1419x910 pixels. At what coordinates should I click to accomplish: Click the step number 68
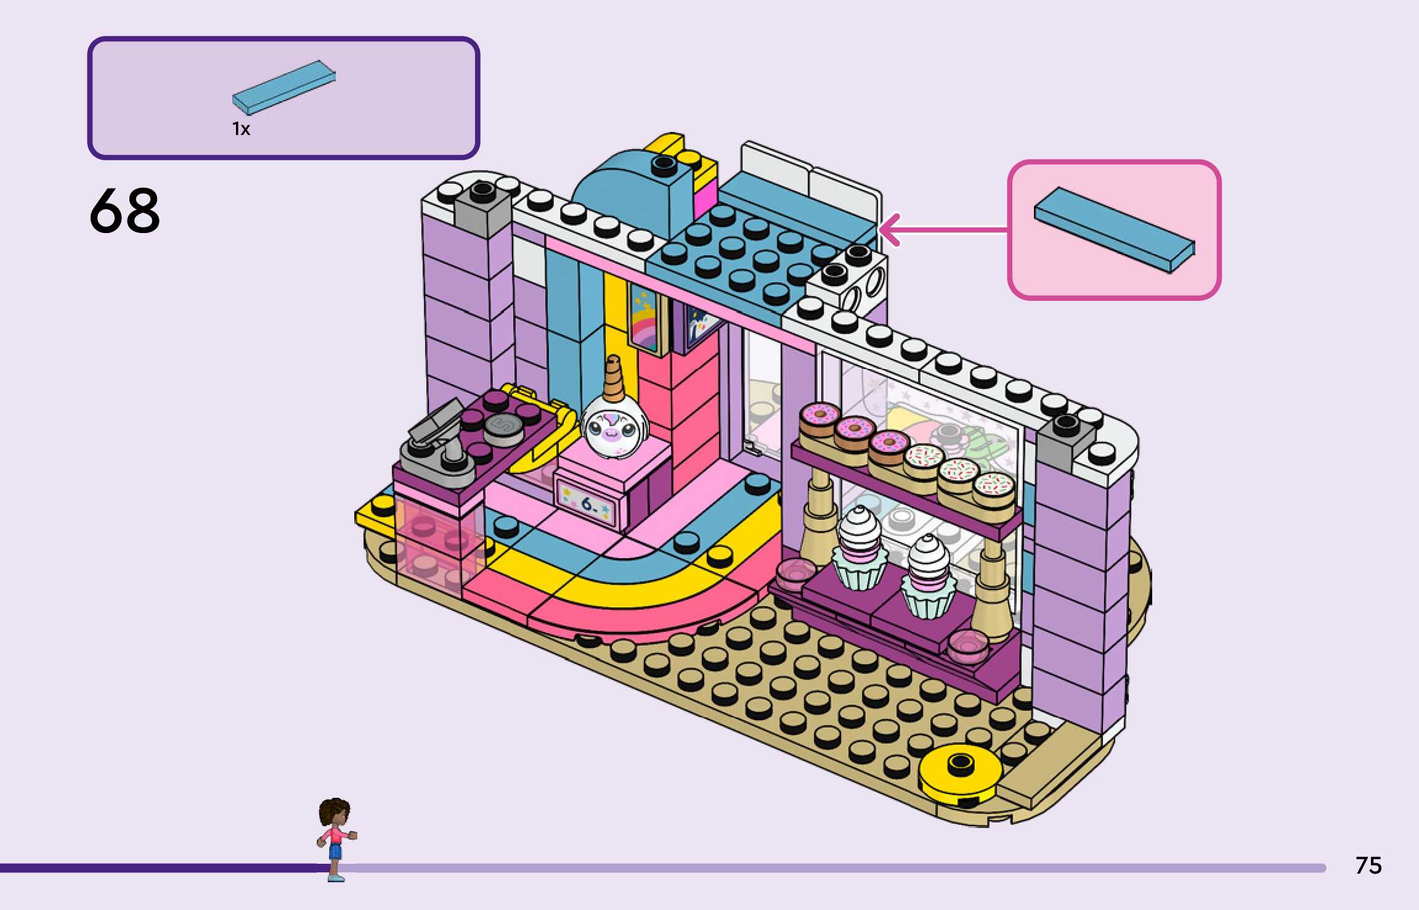[x=125, y=211]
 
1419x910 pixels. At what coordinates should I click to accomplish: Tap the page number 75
[x=1368, y=866]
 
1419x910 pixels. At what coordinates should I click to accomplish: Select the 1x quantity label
[x=241, y=129]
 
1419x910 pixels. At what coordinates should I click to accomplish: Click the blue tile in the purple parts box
[x=284, y=87]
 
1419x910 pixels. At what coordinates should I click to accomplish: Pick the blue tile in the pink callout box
[x=1114, y=229]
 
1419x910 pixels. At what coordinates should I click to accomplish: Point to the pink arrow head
[x=888, y=230]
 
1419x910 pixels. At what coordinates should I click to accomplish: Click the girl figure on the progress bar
[x=335, y=835]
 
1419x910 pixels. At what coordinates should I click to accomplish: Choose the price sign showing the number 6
[x=588, y=504]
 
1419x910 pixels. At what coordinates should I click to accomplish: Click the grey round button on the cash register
[x=503, y=426]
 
